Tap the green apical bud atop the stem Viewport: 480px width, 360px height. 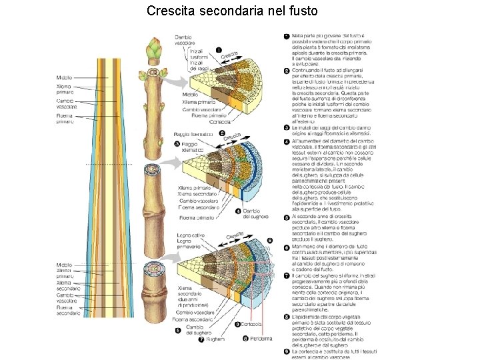tap(155, 49)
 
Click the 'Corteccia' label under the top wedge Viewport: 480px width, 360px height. tap(219, 122)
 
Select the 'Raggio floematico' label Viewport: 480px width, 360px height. tap(193, 134)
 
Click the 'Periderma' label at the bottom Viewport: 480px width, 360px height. tap(261, 338)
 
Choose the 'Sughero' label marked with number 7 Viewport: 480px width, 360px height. tap(215, 339)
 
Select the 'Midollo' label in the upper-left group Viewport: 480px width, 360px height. tap(65, 78)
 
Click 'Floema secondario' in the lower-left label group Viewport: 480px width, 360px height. tap(68, 309)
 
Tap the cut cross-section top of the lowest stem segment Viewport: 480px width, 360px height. tap(155, 270)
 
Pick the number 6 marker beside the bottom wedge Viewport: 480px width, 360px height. tap(269, 240)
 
